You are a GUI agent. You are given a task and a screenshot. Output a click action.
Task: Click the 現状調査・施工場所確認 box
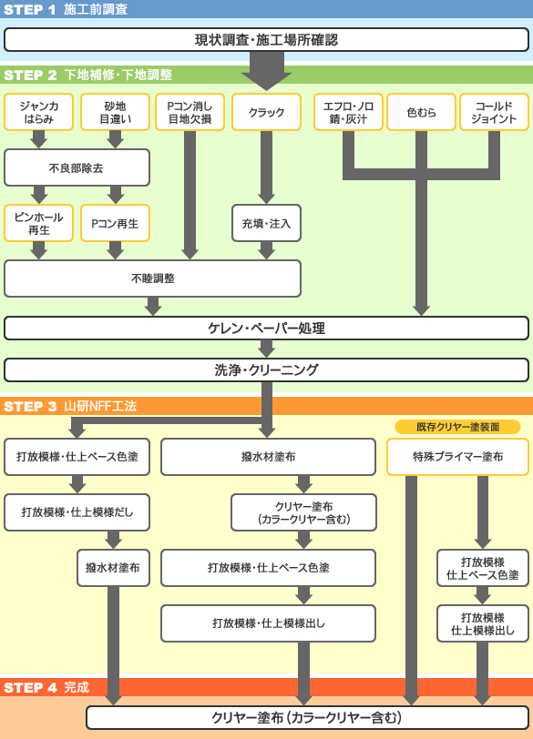[x=266, y=40]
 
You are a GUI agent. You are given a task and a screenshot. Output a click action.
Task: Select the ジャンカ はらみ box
[x=38, y=112]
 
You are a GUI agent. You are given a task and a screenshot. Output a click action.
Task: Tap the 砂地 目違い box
[x=115, y=112]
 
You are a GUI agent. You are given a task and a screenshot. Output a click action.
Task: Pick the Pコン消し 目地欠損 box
[x=190, y=112]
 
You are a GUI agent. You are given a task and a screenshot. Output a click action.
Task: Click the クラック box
[x=266, y=112]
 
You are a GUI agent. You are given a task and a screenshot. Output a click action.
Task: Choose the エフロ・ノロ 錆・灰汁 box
[x=348, y=112]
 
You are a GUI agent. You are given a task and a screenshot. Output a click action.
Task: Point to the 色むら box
[x=421, y=112]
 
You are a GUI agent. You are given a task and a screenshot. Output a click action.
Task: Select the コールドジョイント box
[x=494, y=112]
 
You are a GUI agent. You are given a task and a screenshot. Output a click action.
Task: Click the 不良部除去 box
[x=77, y=167]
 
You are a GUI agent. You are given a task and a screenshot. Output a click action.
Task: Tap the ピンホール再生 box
[x=38, y=223]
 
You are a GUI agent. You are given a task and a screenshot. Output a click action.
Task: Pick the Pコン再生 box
[x=115, y=223]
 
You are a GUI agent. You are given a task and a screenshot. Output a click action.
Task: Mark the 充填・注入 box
[x=266, y=223]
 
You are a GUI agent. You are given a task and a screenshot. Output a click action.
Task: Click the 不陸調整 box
[x=152, y=278]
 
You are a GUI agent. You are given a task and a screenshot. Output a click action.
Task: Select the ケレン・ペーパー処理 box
[x=266, y=328]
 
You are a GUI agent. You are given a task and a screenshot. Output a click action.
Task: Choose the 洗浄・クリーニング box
[x=266, y=370]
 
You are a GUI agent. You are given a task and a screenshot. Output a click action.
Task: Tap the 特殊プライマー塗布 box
[x=457, y=457]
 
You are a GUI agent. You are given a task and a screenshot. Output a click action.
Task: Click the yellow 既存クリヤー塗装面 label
[x=457, y=427]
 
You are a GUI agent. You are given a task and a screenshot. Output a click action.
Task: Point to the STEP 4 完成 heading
[x=46, y=688]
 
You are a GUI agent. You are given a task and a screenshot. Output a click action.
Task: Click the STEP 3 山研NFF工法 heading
[x=70, y=406]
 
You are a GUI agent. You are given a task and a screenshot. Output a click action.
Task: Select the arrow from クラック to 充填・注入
[x=266, y=167]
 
